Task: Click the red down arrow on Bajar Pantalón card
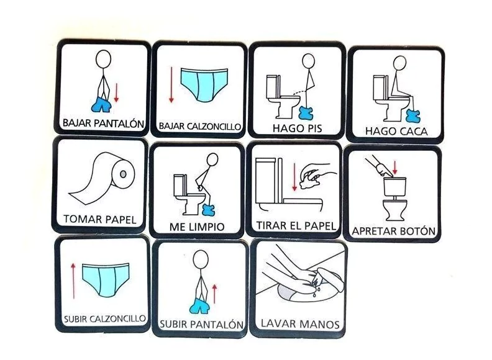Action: coord(116,92)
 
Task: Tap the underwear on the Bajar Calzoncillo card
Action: coord(204,84)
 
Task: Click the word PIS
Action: coord(311,128)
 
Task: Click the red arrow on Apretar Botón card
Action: coord(395,168)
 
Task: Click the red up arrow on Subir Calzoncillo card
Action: coord(73,281)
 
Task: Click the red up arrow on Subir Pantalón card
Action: coord(214,294)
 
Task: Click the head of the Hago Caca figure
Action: coord(400,63)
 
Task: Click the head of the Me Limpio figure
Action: coord(212,160)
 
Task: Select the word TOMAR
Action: coord(79,218)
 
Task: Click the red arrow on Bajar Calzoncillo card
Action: coord(171,84)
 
